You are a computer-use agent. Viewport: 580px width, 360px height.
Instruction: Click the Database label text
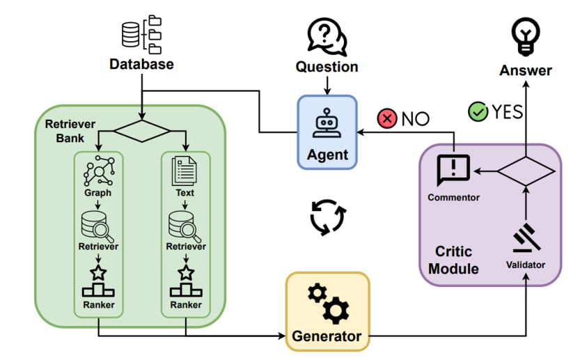pos(141,65)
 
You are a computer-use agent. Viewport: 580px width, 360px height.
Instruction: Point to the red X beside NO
pos(386,118)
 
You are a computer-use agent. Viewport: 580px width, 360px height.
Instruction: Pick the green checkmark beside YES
pos(478,111)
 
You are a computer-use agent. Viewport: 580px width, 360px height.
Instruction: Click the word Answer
pos(526,70)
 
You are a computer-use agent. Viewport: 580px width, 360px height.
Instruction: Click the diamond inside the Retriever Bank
pos(141,131)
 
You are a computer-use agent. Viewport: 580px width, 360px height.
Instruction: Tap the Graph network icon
pos(97,171)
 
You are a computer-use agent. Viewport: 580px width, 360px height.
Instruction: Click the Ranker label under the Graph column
pos(97,305)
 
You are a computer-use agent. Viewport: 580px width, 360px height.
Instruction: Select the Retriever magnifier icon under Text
pos(185,224)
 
